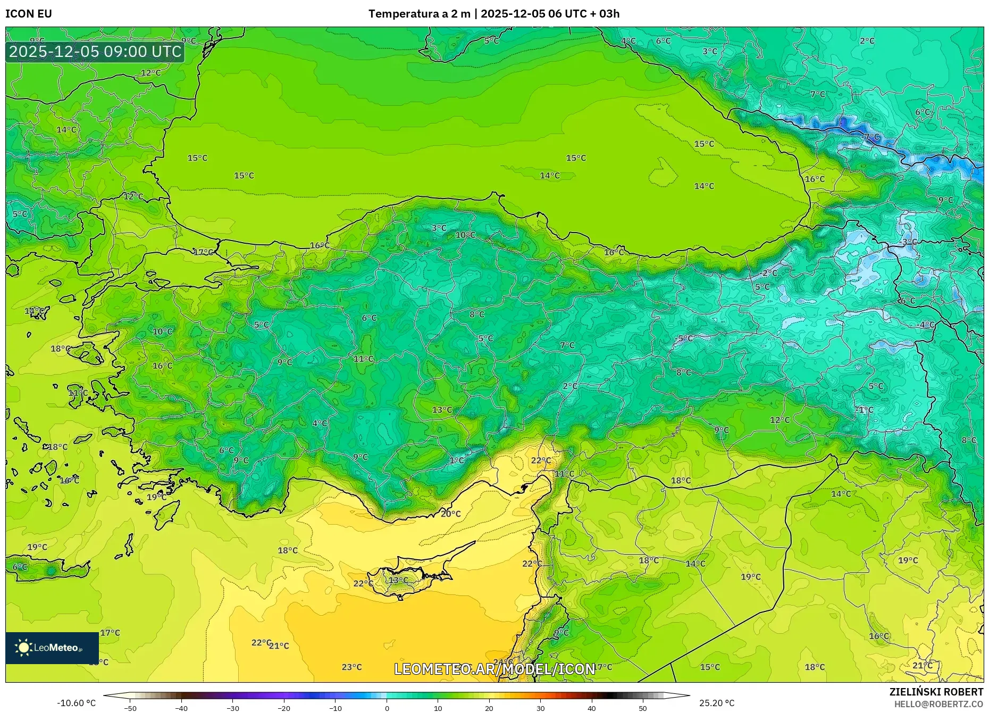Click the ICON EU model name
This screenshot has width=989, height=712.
[29, 14]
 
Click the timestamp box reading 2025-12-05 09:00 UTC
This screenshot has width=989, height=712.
[95, 52]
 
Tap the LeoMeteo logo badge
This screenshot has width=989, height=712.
[52, 648]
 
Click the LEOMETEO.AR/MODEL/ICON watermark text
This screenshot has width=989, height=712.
[494, 669]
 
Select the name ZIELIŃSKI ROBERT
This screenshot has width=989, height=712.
[936, 692]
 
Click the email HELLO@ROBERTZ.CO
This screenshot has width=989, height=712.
[938, 704]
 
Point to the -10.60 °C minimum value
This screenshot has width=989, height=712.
[76, 703]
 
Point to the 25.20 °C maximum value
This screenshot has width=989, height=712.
[717, 703]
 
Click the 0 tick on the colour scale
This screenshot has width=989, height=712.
[387, 708]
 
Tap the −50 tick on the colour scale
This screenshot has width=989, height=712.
[130, 708]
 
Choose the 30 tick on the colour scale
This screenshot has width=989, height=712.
[540, 708]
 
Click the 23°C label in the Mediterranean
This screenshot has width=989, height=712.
[351, 667]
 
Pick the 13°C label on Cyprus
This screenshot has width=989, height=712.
[398, 580]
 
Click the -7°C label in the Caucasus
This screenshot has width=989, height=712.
[870, 137]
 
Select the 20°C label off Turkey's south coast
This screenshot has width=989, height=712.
[450, 514]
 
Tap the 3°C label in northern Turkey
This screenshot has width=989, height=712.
[439, 228]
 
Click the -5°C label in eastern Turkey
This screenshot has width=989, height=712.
[684, 338]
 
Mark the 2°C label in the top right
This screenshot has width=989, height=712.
[867, 40]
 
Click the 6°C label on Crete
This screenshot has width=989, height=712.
[20, 567]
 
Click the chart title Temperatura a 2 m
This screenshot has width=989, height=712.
[419, 14]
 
